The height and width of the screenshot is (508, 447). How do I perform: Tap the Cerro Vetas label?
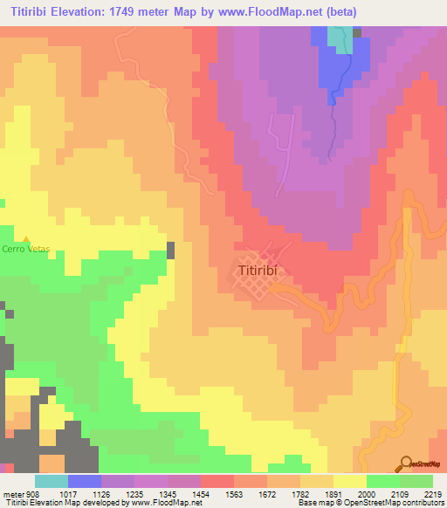tap(26, 250)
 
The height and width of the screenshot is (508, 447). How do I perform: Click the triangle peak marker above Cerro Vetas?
tap(26, 239)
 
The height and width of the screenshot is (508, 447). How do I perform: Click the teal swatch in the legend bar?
tap(52, 481)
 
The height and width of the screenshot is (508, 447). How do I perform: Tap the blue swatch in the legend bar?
tap(85, 481)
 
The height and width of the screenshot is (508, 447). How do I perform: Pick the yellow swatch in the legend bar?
tap(350, 481)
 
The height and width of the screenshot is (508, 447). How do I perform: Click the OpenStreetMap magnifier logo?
tap(406, 463)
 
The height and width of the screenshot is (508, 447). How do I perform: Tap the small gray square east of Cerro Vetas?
tap(170, 251)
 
